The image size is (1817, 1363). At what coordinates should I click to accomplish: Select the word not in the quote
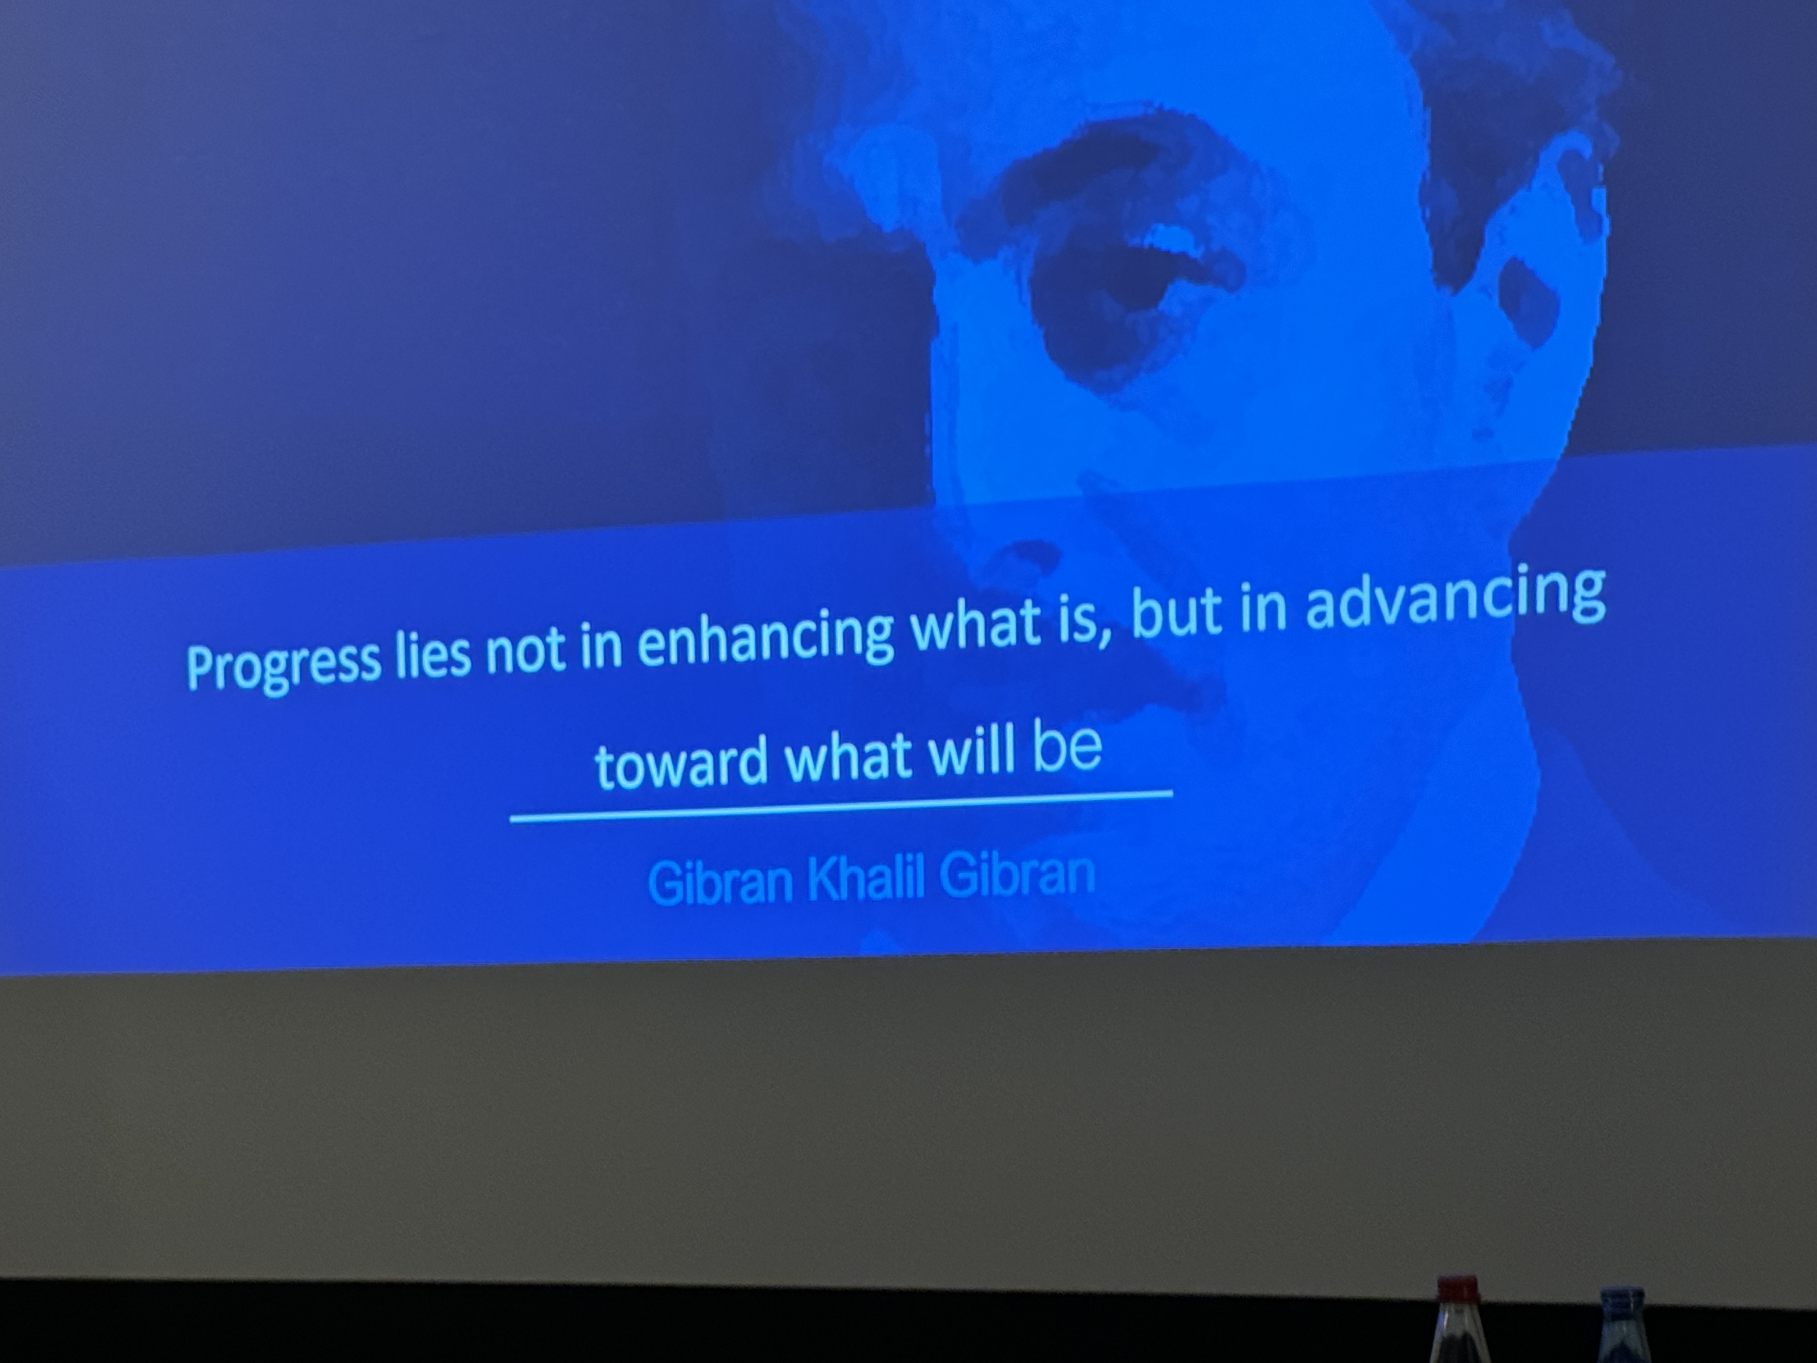pyautogui.click(x=526, y=653)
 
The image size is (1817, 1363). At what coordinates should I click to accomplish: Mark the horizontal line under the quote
pyautogui.click(x=841, y=806)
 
